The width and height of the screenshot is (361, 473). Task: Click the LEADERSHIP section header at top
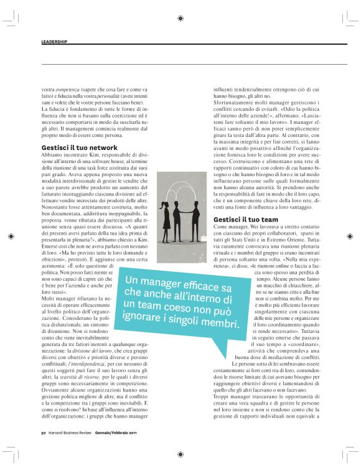tap(54, 42)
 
